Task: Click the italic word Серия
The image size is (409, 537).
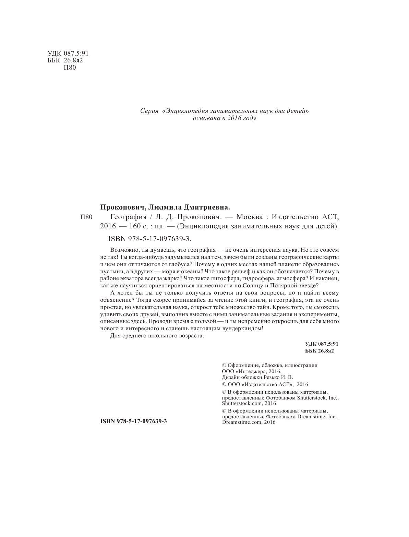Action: (x=149, y=111)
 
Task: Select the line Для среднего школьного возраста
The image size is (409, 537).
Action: (x=157, y=336)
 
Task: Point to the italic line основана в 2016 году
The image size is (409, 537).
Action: (x=225, y=118)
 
